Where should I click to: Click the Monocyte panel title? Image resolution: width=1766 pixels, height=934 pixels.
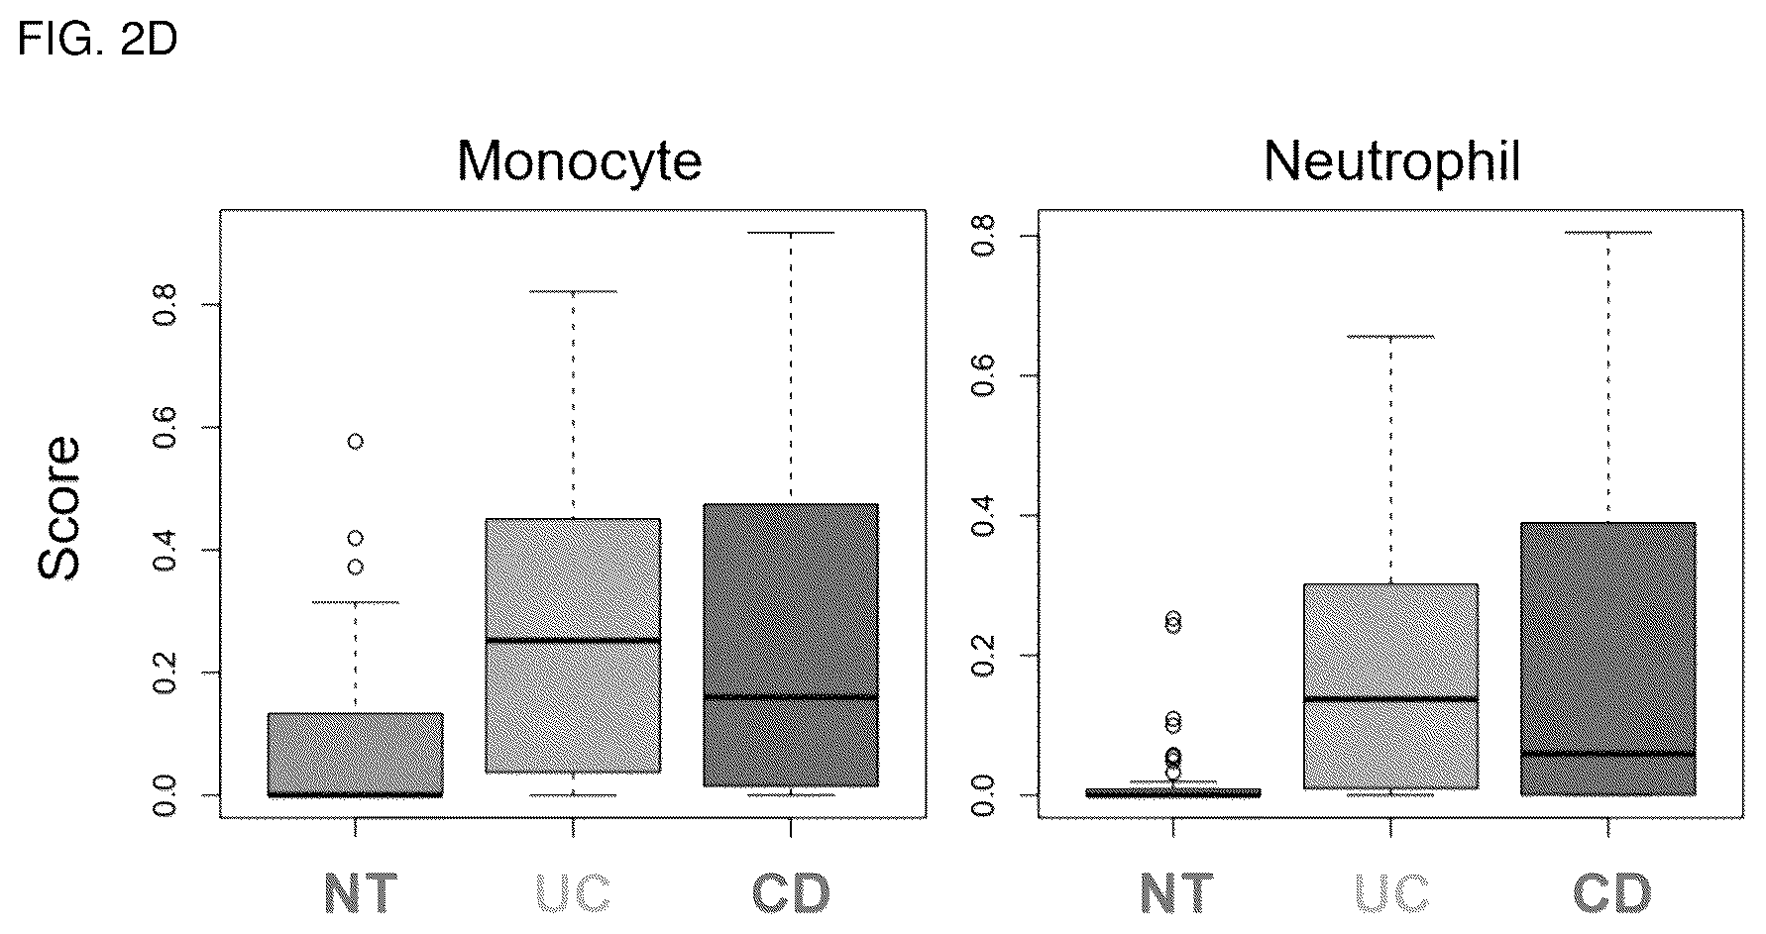tap(580, 160)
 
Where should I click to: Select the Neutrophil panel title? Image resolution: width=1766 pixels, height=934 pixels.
tap(1392, 160)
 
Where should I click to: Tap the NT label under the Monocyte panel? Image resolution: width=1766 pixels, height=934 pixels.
tap(361, 893)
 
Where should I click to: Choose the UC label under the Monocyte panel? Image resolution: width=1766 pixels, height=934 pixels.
tap(573, 893)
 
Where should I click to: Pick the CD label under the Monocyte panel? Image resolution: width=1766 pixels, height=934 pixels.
tap(790, 893)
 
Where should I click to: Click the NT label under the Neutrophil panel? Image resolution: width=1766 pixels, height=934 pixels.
tap(1176, 893)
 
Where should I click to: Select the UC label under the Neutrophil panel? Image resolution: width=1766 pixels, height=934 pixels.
tap(1391, 893)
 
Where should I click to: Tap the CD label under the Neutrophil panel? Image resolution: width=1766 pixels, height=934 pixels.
tap(1611, 893)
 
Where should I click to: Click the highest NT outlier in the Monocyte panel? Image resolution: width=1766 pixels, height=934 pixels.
tap(355, 442)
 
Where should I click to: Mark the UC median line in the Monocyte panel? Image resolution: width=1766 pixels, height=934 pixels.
tap(573, 641)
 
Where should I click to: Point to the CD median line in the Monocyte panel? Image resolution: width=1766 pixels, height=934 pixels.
tap(791, 697)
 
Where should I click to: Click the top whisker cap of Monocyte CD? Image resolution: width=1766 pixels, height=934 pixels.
tap(791, 233)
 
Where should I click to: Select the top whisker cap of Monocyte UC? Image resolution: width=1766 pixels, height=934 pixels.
tap(573, 292)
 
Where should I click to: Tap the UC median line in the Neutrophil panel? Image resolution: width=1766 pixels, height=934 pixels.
tap(1391, 699)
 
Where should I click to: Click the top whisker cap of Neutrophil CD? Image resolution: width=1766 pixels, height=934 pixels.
tap(1608, 233)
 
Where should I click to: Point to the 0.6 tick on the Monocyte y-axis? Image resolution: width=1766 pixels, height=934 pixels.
tap(210, 427)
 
